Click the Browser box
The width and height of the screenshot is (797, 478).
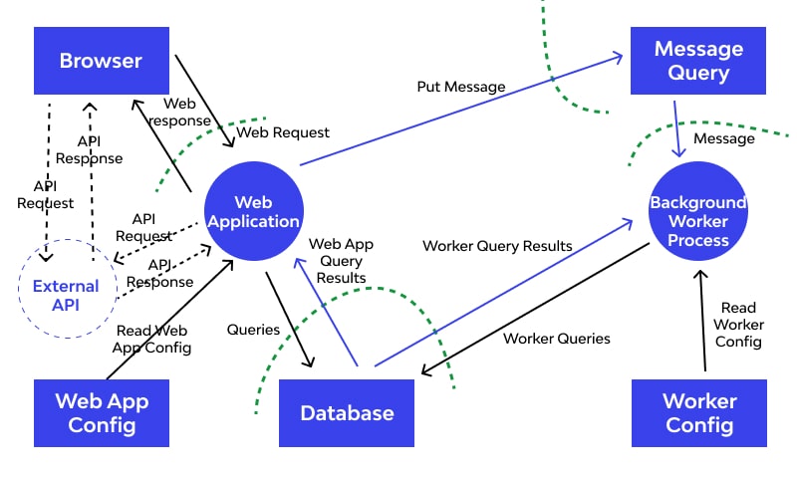click(101, 61)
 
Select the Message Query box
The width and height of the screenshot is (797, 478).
click(698, 61)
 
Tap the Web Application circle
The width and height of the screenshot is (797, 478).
click(253, 212)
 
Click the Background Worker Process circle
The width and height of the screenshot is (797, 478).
click(697, 221)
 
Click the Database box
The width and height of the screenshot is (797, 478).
click(347, 413)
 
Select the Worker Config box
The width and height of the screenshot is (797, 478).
click(698, 413)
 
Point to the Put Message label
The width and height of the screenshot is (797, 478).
click(460, 87)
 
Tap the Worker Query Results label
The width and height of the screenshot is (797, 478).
click(497, 245)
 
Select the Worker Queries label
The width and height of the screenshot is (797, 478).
click(556, 339)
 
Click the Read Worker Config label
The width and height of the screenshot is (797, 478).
click(738, 325)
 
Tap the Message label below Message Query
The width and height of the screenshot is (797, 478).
click(723, 138)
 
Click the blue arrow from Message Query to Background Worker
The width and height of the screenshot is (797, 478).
click(677, 124)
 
